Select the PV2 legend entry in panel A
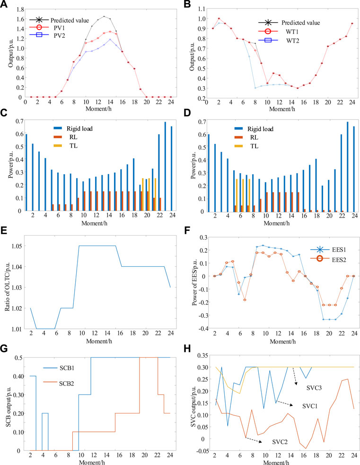pyautogui.click(x=47, y=35)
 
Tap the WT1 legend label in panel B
pyautogui.click(x=292, y=31)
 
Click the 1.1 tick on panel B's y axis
pyautogui.click(x=202, y=9)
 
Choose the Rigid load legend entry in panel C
pyautogui.click(x=73, y=129)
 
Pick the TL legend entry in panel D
pyautogui.click(x=246, y=146)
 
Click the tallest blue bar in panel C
pyautogui.click(x=165, y=166)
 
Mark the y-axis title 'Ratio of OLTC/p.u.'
pyautogui.click(x=8, y=287)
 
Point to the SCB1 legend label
pyautogui.click(x=66, y=368)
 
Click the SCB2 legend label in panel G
pyautogui.click(x=66, y=384)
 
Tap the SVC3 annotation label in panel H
pyautogui.click(x=314, y=388)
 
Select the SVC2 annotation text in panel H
pyautogui.click(x=280, y=442)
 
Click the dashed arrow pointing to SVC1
pyautogui.click(x=284, y=404)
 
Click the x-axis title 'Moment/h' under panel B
pyautogui.click(x=282, y=109)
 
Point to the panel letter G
pyautogui.click(x=4, y=349)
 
